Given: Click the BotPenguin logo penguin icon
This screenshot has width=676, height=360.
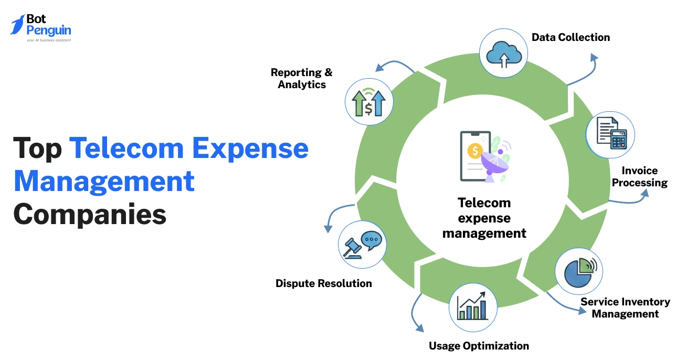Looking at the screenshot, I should (x=17, y=24).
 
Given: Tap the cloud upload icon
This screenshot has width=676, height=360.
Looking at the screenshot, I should (x=503, y=53).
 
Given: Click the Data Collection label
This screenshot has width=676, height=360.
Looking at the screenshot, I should (x=571, y=37).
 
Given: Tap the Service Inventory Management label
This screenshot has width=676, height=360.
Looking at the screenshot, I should (x=625, y=308).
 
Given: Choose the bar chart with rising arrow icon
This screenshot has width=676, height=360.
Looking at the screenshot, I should (x=472, y=308).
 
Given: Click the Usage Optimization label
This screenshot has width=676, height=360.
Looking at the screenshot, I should (x=479, y=346).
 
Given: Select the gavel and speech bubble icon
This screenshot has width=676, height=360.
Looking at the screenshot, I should (x=363, y=245).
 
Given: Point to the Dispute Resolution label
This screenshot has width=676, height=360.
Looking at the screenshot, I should (x=323, y=283).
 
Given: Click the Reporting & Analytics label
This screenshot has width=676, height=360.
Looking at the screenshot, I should (x=302, y=78).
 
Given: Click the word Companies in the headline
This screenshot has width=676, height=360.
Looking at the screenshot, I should (x=90, y=214).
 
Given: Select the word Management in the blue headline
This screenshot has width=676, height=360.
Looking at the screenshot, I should (x=104, y=181).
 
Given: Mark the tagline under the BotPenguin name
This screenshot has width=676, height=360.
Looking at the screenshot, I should (x=48, y=40).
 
